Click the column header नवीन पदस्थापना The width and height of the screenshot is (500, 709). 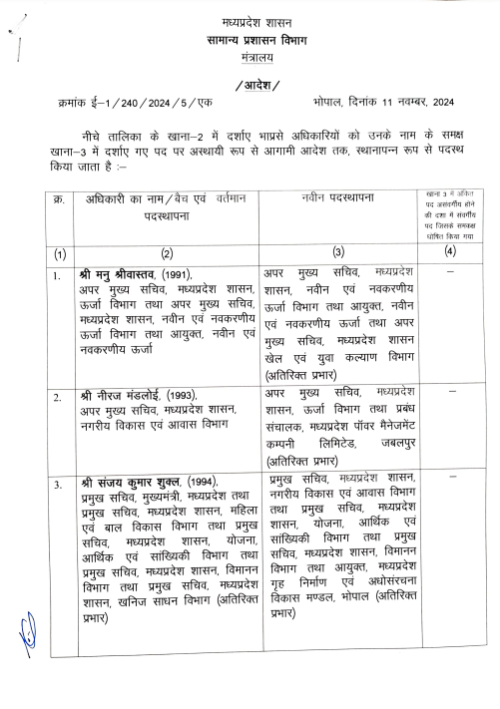pyautogui.click(x=338, y=199)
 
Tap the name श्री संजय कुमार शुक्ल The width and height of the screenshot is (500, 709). pyautogui.click(x=130, y=484)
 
